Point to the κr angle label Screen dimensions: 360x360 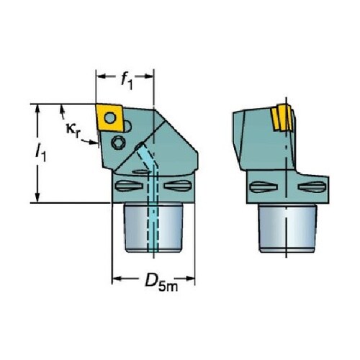(x=73, y=130)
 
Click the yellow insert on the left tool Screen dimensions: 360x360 (x=109, y=117)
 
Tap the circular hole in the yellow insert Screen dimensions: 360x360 (x=110, y=118)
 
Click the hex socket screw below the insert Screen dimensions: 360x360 (x=119, y=143)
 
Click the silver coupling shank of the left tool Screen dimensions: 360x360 (x=153, y=228)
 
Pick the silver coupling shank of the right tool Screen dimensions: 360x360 (x=287, y=228)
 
